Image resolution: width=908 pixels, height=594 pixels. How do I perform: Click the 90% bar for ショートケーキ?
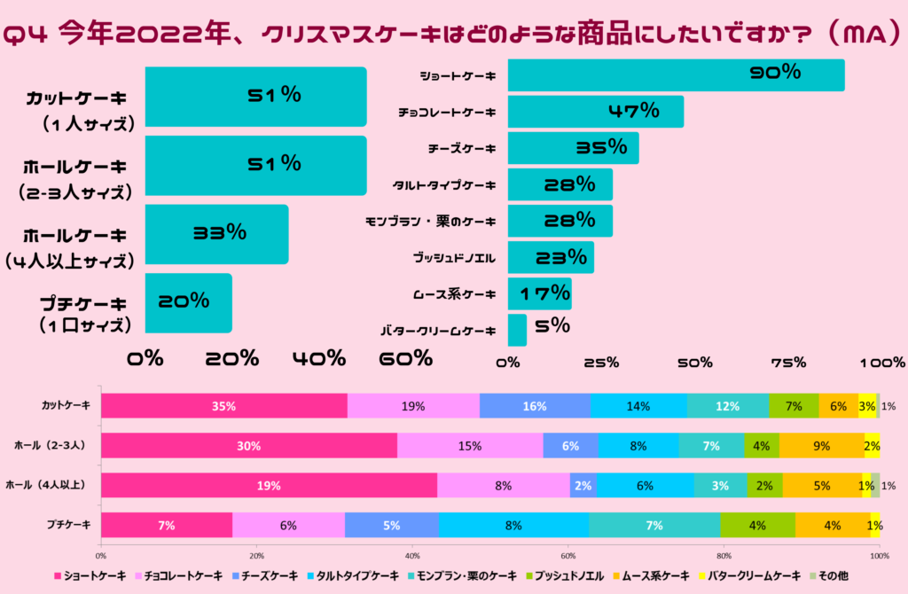click(675, 74)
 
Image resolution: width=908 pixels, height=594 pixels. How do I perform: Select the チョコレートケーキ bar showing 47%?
click(595, 112)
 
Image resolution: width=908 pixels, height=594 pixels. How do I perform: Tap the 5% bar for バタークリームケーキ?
click(517, 330)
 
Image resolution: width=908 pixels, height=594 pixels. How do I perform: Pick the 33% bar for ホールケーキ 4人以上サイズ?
click(216, 234)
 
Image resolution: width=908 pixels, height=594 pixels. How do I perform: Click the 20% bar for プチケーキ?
click(188, 302)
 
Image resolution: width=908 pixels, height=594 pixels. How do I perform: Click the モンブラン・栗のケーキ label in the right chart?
click(431, 222)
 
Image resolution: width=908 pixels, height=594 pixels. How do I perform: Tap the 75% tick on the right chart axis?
click(788, 362)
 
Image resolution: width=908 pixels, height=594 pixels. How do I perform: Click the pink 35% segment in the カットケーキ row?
click(223, 405)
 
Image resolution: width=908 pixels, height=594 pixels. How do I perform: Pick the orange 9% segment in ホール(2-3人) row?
click(821, 446)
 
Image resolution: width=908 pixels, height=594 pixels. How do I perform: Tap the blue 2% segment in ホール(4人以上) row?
click(583, 486)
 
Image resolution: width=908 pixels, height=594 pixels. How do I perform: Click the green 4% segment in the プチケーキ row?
click(757, 525)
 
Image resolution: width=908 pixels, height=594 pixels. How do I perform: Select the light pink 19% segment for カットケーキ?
click(413, 405)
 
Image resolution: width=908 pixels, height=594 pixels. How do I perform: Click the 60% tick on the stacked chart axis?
click(568, 556)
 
